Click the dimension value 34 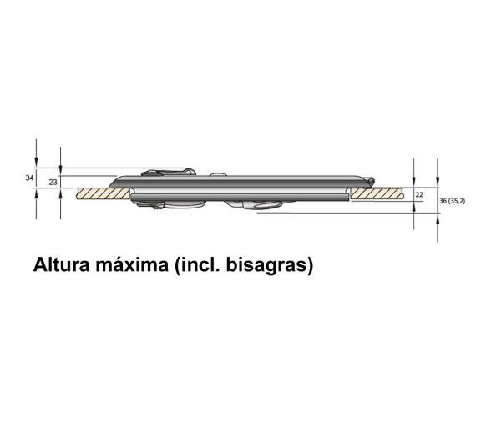coord(29,178)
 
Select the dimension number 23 coord(53,181)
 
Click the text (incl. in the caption coord(200,267)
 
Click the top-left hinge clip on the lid coord(167,173)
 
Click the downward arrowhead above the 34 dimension coord(36,163)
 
